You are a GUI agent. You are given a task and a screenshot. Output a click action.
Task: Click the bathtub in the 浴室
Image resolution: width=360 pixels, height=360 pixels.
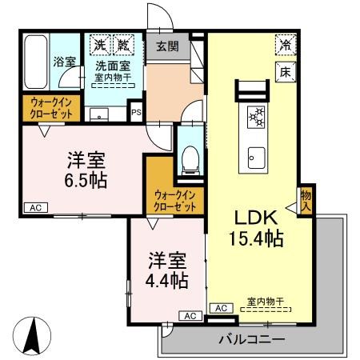click(x=37, y=62)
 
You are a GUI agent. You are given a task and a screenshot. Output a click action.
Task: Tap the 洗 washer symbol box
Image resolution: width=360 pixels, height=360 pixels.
click(x=98, y=44)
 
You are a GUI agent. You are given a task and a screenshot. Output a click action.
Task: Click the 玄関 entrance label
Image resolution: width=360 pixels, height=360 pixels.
click(x=167, y=46)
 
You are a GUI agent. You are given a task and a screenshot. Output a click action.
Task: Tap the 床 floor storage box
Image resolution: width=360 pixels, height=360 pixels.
click(x=283, y=70)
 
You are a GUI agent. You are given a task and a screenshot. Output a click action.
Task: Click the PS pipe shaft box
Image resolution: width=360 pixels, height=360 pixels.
click(x=136, y=114)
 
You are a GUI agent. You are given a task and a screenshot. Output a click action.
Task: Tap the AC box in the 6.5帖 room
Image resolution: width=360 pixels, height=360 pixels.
click(x=34, y=208)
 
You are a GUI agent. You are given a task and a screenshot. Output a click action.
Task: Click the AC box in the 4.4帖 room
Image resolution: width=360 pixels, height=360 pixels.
click(x=190, y=316)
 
